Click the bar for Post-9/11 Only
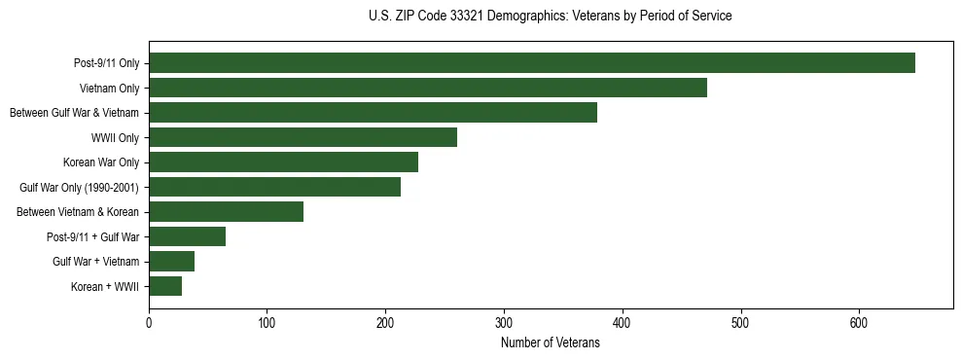pyautogui.click(x=532, y=63)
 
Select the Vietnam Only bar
pyautogui.click(x=428, y=88)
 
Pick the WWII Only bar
pyautogui.click(x=303, y=137)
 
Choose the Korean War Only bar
pyautogui.click(x=283, y=162)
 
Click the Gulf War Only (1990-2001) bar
pyautogui.click(x=274, y=187)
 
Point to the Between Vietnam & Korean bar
pyautogui.click(x=226, y=212)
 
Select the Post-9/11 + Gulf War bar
pyautogui.click(x=187, y=236)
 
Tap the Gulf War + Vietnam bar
pyautogui.click(x=171, y=262)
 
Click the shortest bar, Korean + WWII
pyautogui.click(x=165, y=286)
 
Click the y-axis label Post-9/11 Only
pyautogui.click(x=106, y=63)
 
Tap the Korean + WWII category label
pyautogui.click(x=105, y=286)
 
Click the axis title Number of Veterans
pyautogui.click(x=551, y=342)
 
